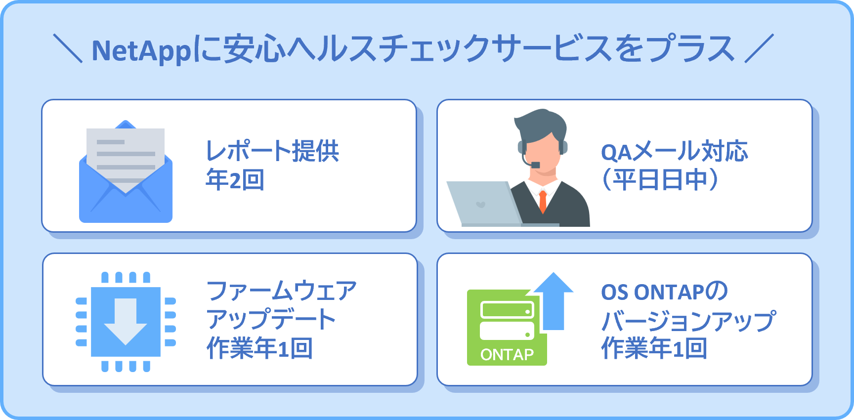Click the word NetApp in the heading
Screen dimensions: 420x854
[141, 51]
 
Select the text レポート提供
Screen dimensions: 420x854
[272, 151]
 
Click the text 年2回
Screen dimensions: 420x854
[235, 180]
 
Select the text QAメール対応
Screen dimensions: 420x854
[674, 151]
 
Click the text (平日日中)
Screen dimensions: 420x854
[659, 180]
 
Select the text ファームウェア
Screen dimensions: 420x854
[282, 291]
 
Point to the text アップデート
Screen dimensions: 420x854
[271, 320]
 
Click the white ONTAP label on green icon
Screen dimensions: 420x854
[507, 355]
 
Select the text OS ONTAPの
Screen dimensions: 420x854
[664, 292]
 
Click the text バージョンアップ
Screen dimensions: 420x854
[688, 321]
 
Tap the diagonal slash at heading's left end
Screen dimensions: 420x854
[68, 48]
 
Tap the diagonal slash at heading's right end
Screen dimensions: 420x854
[759, 48]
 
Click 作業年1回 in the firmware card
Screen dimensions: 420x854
[259, 349]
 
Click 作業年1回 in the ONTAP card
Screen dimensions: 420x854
[654, 349]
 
